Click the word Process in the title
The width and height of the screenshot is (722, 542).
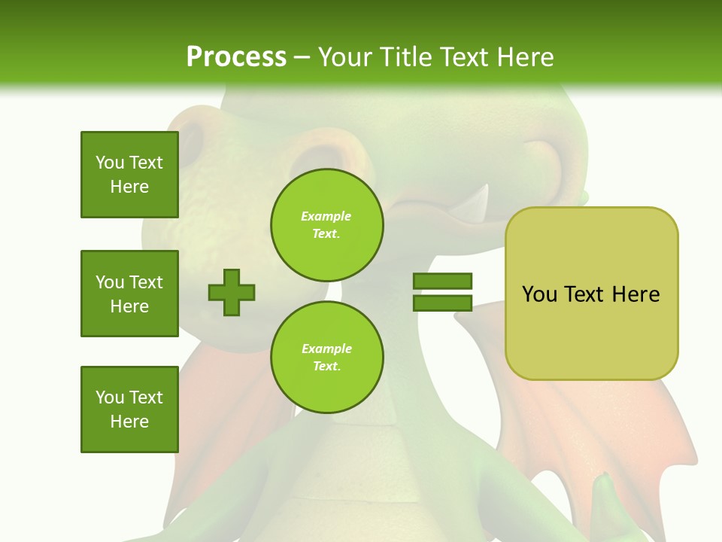point(236,57)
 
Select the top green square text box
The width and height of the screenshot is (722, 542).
point(129,175)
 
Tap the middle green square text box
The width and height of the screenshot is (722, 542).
point(129,294)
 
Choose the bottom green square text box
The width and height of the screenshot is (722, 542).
point(129,409)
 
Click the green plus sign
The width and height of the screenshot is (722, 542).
point(232,292)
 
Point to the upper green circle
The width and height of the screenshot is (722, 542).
point(326,225)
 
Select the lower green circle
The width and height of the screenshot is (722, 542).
point(326,358)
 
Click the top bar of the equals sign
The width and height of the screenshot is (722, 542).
point(443,281)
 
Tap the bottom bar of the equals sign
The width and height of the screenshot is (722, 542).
point(443,303)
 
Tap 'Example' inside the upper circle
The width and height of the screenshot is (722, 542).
point(326,216)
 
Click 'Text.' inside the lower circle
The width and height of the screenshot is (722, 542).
point(326,367)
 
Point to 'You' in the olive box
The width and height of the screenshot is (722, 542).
point(539,294)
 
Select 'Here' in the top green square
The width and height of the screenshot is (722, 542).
point(129,187)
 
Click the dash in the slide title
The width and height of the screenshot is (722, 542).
point(302,57)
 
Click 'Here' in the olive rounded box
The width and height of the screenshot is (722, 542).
point(636,294)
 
